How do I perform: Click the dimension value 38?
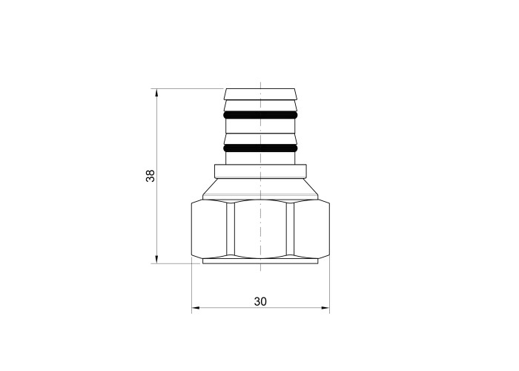tap(151, 176)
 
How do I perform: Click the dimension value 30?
tap(260, 301)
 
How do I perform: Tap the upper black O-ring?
tap(260, 115)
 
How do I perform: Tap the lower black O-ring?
tap(260, 148)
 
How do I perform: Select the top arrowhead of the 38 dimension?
tap(156, 93)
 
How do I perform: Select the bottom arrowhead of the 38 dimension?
tap(156, 260)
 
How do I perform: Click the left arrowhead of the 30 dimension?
tap(196, 308)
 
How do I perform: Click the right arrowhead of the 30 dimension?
tap(325, 308)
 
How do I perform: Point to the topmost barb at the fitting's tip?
tap(260, 94)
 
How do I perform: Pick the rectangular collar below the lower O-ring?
tap(260, 171)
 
